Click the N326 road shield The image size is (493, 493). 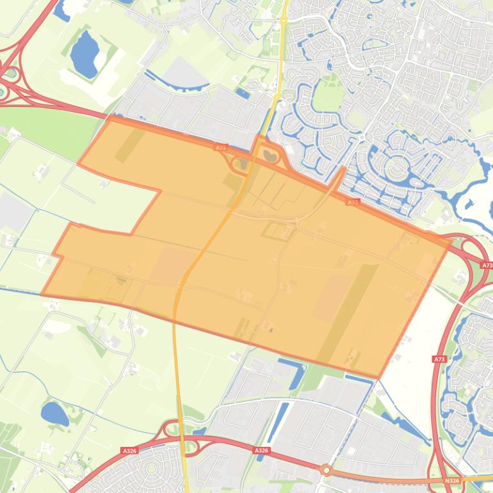(452, 480)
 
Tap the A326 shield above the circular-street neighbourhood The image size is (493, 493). (129, 451)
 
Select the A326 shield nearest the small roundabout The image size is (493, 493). (261, 451)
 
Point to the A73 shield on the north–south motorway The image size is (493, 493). (439, 360)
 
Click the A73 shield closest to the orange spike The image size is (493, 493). (352, 202)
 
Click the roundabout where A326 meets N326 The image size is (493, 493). (327, 471)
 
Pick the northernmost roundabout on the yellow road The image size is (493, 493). (283, 20)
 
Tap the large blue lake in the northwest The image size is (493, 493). (83, 53)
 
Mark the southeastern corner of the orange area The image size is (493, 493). (380, 376)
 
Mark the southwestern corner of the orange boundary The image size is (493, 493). (42, 295)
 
